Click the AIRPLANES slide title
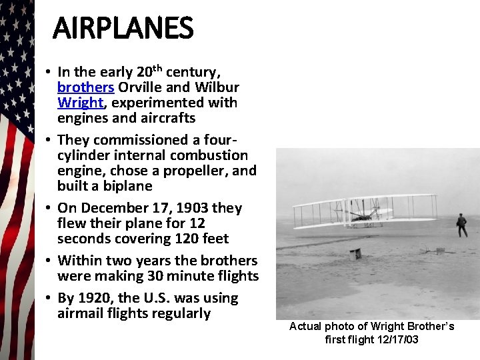coord(123,28)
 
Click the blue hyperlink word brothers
coord(85,87)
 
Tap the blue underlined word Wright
coord(80,103)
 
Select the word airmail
coord(83,313)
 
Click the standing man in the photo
coord(461,225)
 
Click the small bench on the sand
coord(355,253)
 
